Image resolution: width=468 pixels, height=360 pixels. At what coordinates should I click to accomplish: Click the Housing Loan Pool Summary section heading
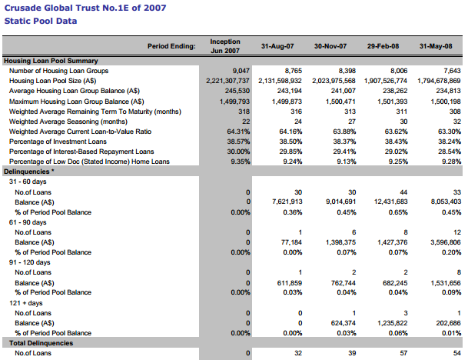coord(56,60)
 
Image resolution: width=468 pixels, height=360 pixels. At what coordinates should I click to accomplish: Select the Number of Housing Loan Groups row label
coord(59,70)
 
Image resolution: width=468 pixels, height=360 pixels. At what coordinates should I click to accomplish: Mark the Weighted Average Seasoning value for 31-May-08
coord(456,121)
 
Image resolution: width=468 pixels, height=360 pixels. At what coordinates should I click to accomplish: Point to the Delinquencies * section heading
coord(28,171)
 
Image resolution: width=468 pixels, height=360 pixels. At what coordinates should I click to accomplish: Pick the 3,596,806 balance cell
coord(445,242)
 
